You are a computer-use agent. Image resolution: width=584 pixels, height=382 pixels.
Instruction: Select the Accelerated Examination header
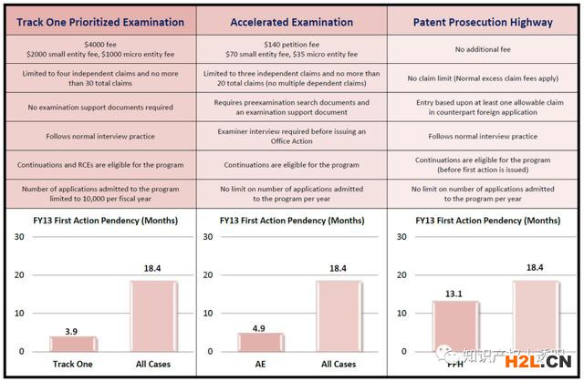291,21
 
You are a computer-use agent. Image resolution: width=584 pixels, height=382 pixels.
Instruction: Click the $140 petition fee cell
291,47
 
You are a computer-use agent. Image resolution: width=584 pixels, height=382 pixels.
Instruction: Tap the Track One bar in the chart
73,344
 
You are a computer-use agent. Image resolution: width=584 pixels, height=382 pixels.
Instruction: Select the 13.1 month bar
455,325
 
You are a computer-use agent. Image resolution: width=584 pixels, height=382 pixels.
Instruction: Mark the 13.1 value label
455,294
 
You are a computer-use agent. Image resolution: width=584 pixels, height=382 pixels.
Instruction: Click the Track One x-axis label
73,364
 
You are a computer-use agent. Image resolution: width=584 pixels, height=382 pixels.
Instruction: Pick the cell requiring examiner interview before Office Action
291,136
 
